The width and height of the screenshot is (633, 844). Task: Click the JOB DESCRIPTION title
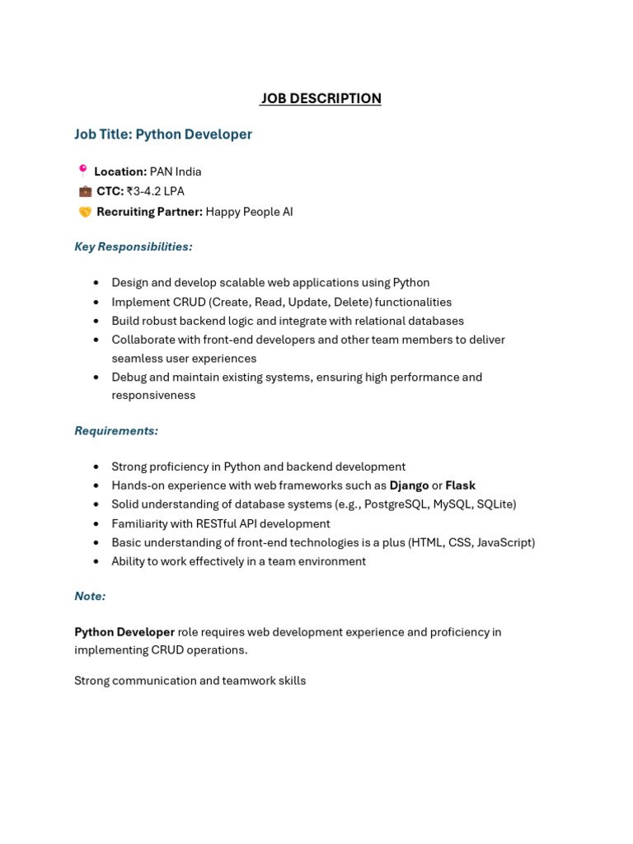[321, 99]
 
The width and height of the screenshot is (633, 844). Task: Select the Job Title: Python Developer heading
[163, 134]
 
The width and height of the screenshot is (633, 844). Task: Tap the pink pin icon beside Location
[82, 171]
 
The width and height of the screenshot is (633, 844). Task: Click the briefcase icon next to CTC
[85, 191]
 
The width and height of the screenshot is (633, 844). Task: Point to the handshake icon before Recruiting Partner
[85, 212]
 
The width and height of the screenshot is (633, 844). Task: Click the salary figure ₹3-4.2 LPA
[155, 191]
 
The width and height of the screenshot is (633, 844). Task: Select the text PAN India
[176, 171]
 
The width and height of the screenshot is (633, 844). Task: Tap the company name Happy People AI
[249, 212]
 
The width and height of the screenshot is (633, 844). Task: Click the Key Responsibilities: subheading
[134, 246]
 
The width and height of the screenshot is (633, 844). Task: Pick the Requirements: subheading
[116, 430]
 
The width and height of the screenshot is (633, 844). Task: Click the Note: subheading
[90, 596]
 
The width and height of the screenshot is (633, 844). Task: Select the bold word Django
[409, 485]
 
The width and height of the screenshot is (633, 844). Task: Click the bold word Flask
[460, 485]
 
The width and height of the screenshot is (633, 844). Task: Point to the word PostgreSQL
[396, 504]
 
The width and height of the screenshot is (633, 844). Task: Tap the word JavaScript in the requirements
[504, 542]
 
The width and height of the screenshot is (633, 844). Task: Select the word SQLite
[492, 504]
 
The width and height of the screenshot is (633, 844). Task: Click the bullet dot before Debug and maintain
[96, 377]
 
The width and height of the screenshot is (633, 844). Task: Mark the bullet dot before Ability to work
[96, 561]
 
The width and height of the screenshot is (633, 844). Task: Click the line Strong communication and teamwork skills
[190, 681]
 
